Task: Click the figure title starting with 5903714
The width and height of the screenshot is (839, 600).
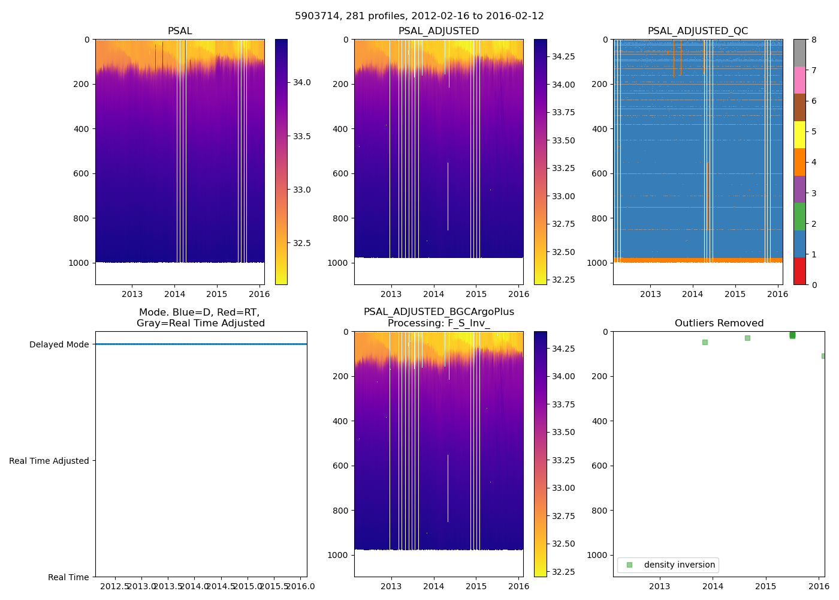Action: click(419, 16)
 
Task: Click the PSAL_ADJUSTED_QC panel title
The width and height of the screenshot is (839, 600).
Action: click(698, 31)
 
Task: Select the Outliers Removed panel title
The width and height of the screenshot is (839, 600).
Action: click(719, 323)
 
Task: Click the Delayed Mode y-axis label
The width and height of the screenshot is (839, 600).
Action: click(59, 345)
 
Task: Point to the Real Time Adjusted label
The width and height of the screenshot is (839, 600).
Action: click(49, 461)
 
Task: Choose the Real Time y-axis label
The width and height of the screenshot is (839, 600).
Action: click(68, 577)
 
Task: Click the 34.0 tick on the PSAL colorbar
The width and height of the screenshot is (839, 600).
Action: click(301, 83)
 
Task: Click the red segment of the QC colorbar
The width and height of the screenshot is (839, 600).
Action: click(799, 271)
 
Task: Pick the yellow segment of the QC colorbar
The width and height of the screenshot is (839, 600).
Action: click(799, 135)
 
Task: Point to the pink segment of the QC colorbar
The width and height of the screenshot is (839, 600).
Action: click(799, 80)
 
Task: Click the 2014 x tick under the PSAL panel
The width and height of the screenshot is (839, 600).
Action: click(174, 295)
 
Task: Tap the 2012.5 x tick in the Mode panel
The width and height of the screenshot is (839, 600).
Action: click(115, 586)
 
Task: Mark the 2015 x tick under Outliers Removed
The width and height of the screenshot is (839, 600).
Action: click(766, 586)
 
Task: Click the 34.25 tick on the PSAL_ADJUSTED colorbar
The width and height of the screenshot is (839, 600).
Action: click(563, 56)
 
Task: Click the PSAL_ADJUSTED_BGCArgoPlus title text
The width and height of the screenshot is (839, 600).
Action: click(439, 312)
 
